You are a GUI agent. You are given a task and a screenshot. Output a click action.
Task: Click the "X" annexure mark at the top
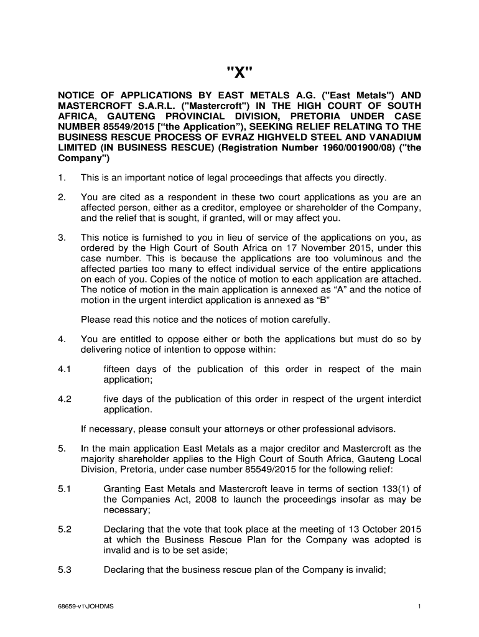[x=239, y=70]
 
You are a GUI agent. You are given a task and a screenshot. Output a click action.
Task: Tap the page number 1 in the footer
[x=421, y=607]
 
